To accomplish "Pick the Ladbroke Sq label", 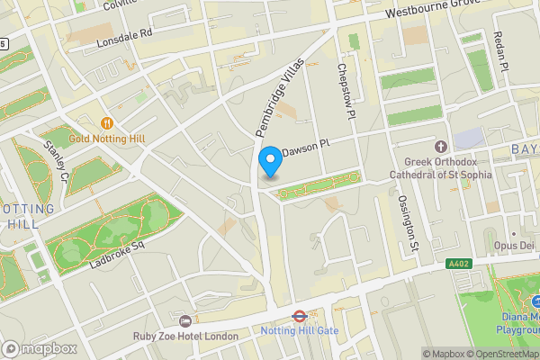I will [117, 255].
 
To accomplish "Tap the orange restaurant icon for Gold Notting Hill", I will [107, 122].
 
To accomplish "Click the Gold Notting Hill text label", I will [106, 139].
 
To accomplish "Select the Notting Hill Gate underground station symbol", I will [298, 316].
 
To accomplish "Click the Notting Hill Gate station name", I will [298, 331].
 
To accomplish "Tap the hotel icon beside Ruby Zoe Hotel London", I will [185, 321].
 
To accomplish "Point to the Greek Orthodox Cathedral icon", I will [440, 146].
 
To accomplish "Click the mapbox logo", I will [40, 348].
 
